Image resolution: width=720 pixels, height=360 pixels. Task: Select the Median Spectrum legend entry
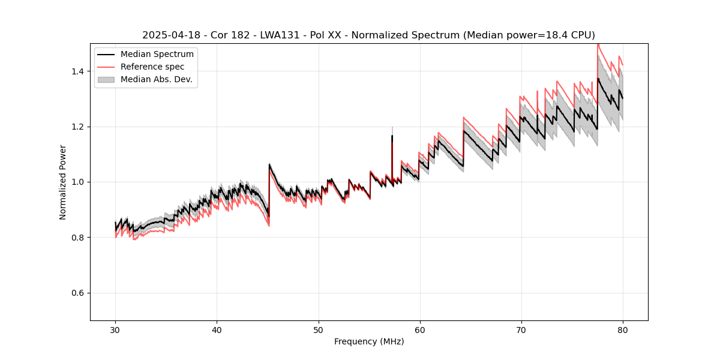(x=157, y=55)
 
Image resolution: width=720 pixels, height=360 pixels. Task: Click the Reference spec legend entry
(x=152, y=67)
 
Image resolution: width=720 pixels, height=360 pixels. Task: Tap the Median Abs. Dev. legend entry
(x=156, y=79)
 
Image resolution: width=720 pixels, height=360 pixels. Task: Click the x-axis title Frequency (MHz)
(x=369, y=341)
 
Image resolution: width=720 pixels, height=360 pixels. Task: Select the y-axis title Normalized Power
(x=63, y=182)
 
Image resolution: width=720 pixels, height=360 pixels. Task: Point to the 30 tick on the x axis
(x=115, y=329)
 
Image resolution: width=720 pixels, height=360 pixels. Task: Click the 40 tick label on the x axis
(x=217, y=329)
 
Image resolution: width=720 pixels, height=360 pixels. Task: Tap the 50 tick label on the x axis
(x=318, y=329)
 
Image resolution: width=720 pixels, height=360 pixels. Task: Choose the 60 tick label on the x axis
(x=419, y=329)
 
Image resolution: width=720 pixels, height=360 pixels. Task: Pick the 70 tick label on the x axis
(x=521, y=329)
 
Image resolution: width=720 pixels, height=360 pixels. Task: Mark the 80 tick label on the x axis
(x=622, y=329)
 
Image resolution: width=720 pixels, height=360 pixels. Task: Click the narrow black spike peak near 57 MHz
(x=392, y=136)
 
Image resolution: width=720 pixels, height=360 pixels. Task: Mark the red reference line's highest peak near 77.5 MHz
(x=598, y=44)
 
